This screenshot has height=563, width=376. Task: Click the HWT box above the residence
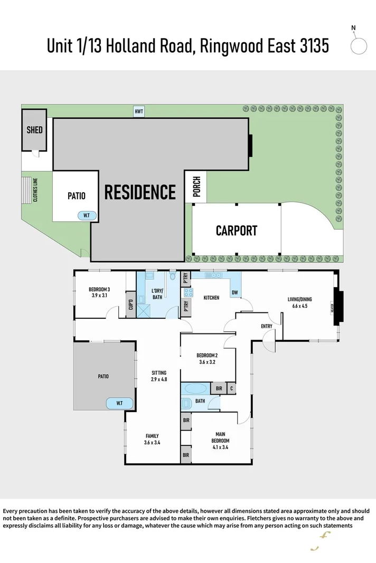tap(139, 111)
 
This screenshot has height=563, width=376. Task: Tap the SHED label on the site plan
tap(34, 129)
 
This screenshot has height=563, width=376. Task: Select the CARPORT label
tap(237, 231)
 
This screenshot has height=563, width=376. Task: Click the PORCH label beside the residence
tap(196, 187)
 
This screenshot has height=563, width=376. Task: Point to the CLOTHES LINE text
tap(35, 190)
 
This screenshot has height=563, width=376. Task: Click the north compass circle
tap(359, 46)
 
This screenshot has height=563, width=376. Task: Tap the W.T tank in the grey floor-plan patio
tap(119, 404)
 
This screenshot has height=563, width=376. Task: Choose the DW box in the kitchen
tap(234, 293)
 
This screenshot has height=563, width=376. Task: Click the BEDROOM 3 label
tap(99, 289)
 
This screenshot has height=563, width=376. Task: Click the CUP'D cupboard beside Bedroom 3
tap(130, 306)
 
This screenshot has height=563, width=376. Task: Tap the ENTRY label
tap(267, 326)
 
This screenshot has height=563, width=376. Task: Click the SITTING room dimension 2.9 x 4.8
tap(159, 379)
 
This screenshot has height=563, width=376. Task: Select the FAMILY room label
tap(152, 436)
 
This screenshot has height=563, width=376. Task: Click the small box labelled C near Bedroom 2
tap(231, 389)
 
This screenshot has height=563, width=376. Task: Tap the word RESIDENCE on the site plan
tap(140, 192)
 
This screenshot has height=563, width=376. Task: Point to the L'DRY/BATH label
tap(157, 294)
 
